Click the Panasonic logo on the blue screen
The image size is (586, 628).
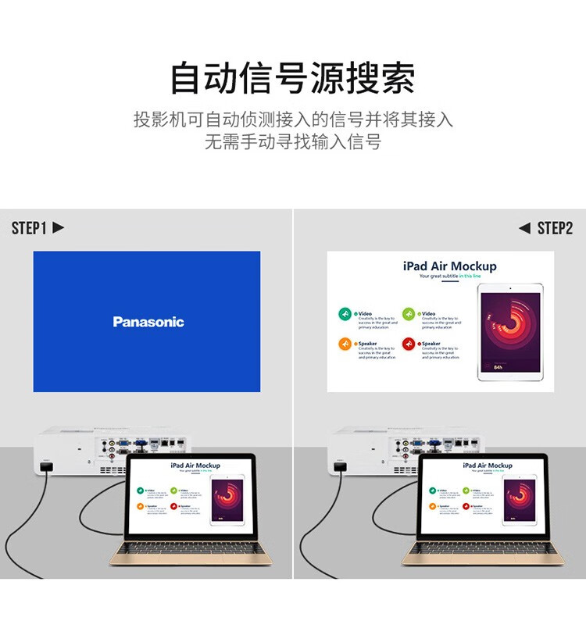click(x=148, y=322)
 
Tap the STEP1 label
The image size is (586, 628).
click(x=29, y=228)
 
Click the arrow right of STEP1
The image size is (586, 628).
click(x=58, y=228)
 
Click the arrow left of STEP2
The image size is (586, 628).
click(x=524, y=228)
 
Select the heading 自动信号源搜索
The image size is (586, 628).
click(x=293, y=78)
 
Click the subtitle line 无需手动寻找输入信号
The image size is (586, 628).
click(x=293, y=142)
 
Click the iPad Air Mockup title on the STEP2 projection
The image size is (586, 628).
click(x=449, y=266)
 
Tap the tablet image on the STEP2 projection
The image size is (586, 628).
click(x=509, y=331)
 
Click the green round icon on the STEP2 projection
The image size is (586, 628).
click(x=345, y=314)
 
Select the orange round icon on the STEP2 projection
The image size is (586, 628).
click(x=345, y=344)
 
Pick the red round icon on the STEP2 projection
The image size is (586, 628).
click(x=409, y=344)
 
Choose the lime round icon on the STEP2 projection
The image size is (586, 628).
click(x=409, y=314)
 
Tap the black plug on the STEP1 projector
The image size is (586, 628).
click(x=45, y=467)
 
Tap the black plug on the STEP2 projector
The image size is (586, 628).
click(x=339, y=467)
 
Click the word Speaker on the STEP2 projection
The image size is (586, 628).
click(x=367, y=344)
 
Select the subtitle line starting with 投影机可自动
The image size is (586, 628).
click(x=293, y=120)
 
